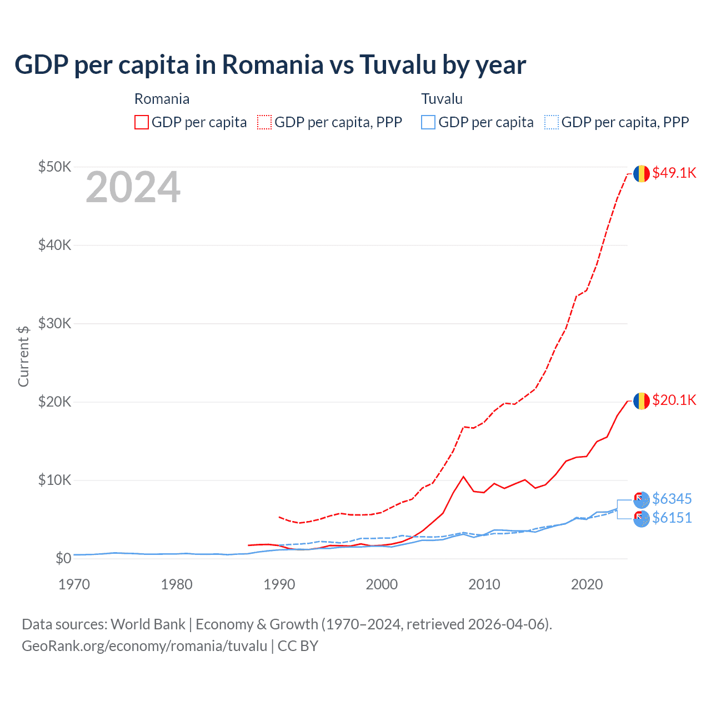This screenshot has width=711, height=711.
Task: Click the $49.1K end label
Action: (674, 173)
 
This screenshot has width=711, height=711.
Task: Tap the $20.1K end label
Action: (674, 400)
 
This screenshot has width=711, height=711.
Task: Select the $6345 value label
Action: (672, 499)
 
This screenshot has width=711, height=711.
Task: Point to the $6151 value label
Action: (672, 518)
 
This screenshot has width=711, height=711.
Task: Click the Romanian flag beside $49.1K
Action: (642, 173)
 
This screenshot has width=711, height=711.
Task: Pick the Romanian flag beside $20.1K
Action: (642, 400)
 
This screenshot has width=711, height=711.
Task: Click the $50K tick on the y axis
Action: (54, 167)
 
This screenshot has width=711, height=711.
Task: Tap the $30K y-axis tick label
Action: (54, 323)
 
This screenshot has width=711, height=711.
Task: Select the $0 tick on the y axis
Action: (63, 558)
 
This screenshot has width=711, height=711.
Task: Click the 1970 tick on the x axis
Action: (74, 584)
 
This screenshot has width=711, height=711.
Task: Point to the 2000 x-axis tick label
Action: (382, 584)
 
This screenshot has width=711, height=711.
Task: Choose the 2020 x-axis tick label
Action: (587, 584)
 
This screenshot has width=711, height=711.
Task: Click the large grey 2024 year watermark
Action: (133, 188)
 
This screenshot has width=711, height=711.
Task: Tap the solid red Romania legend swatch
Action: (142, 122)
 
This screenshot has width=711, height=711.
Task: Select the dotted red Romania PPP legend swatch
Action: (264, 122)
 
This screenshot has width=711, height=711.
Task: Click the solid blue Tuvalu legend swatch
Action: (428, 122)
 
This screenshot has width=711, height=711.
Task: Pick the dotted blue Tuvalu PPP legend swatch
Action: (552, 122)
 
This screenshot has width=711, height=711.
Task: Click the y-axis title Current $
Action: (23, 356)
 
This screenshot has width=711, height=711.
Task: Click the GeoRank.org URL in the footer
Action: (144, 646)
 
